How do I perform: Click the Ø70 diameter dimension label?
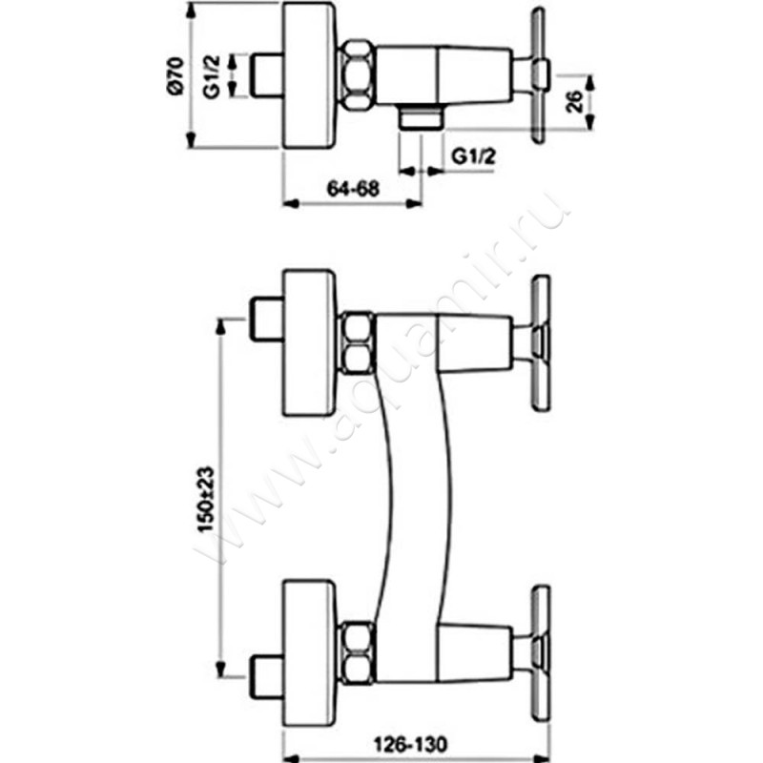(176, 76)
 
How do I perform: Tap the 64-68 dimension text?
(353, 188)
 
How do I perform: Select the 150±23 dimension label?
(206, 499)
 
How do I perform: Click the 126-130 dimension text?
(410, 744)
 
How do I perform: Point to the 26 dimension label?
(575, 101)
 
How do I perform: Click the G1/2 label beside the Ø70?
(212, 77)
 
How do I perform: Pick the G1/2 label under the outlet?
(474, 156)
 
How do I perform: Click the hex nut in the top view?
(358, 75)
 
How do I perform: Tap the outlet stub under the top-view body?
(421, 117)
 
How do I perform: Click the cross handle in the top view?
(538, 75)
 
